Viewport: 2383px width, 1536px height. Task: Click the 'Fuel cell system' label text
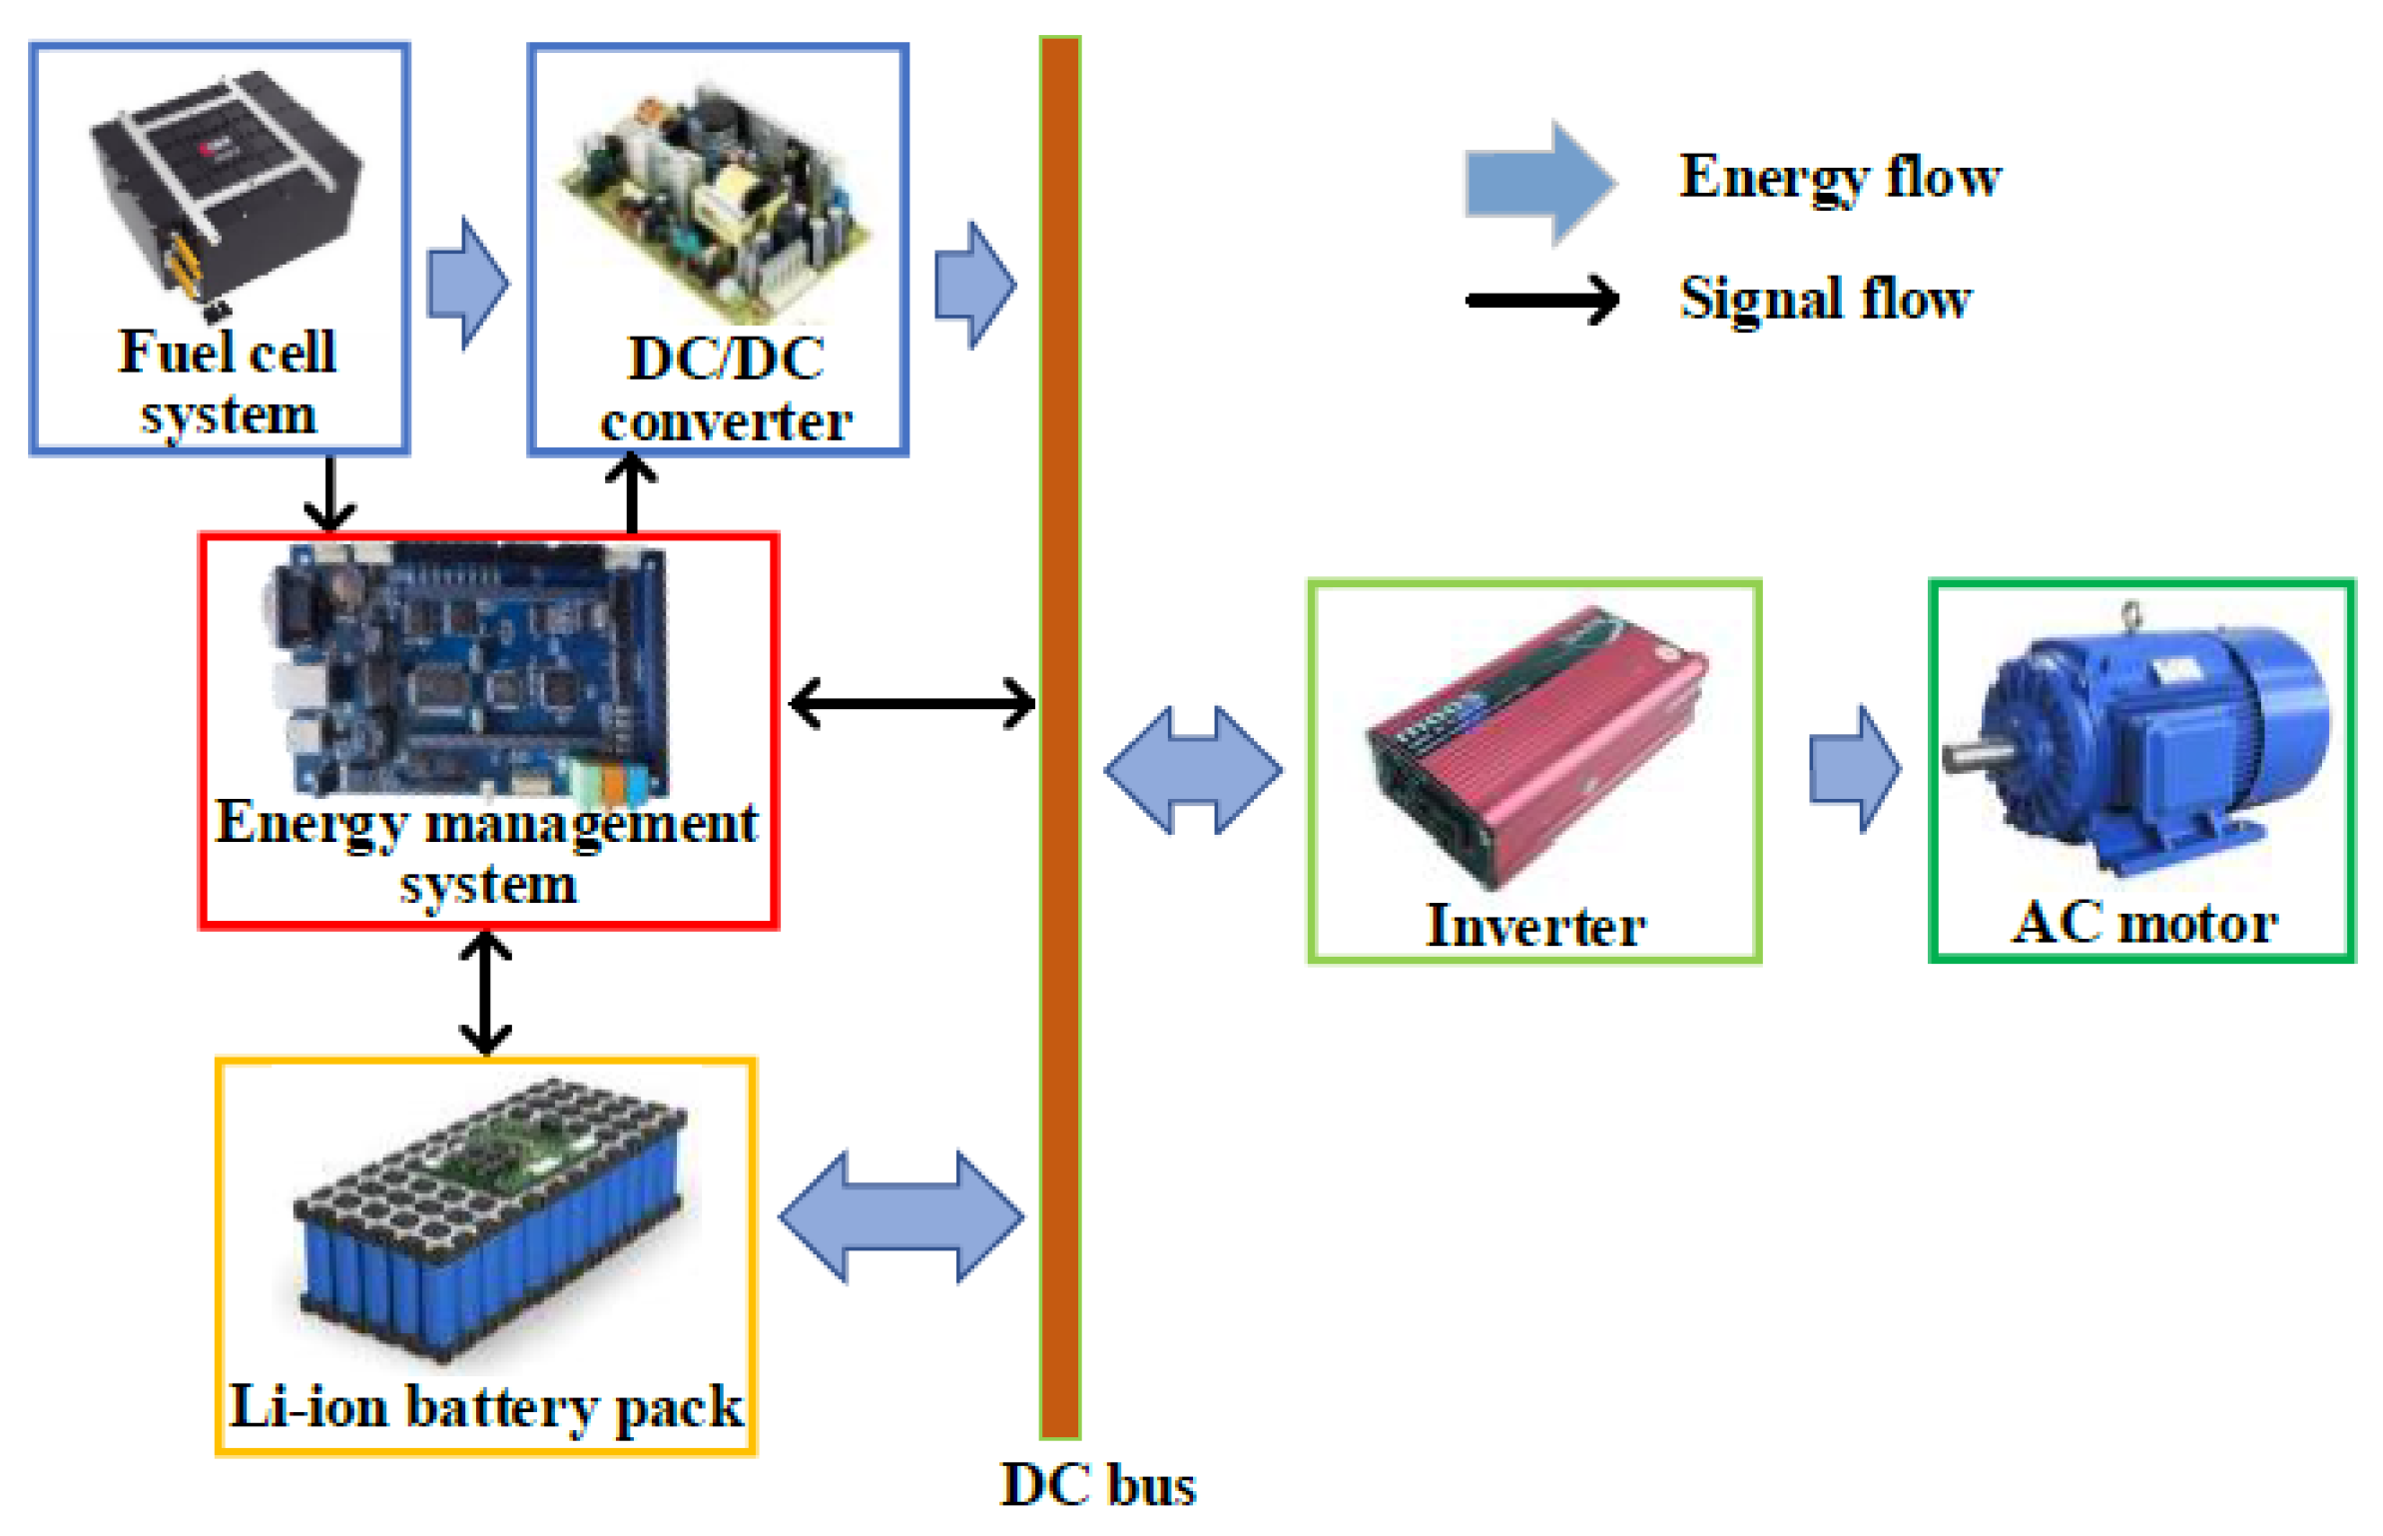point(228,383)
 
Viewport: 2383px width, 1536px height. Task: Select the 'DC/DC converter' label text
point(725,389)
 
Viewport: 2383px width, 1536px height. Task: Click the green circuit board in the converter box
point(717,200)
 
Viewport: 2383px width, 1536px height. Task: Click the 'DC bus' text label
point(1097,1485)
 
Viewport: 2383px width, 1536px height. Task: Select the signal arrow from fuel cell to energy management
point(329,494)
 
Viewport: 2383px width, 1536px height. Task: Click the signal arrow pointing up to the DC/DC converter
point(631,494)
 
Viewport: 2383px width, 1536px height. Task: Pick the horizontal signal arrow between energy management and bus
point(911,703)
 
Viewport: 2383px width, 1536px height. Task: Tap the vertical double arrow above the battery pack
point(485,993)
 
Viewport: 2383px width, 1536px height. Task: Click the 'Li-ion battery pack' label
point(485,1407)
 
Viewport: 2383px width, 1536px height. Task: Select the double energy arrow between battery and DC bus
point(900,1216)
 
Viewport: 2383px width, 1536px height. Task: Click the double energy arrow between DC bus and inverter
point(1192,770)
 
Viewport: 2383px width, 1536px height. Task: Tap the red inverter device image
point(1535,744)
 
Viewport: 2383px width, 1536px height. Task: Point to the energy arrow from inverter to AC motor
point(1854,769)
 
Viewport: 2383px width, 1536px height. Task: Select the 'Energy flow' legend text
point(1839,178)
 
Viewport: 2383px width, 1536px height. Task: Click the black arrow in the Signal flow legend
point(1541,300)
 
